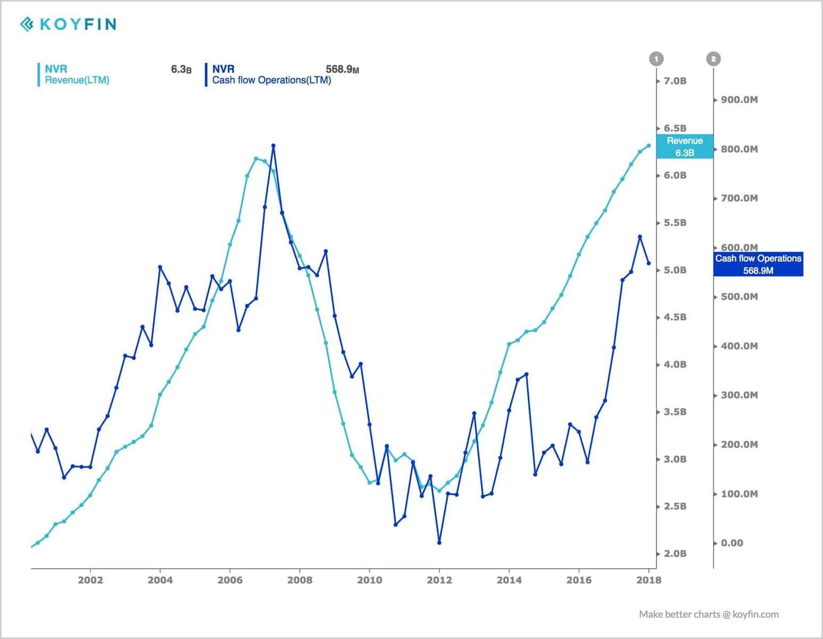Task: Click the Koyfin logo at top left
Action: point(68,24)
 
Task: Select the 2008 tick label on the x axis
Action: point(300,580)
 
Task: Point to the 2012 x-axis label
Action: point(439,580)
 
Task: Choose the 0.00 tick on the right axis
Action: point(731,543)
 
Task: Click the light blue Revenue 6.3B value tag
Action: point(685,146)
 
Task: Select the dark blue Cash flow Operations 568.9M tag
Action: point(758,264)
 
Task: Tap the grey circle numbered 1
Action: point(656,59)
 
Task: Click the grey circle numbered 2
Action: point(713,59)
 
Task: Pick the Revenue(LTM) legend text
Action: point(77,80)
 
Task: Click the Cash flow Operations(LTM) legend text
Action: point(271,80)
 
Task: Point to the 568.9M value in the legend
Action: point(342,69)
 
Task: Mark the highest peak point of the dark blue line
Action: point(273,145)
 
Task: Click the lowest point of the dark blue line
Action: point(439,543)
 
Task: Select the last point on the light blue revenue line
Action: point(649,145)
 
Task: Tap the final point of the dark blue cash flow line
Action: point(649,263)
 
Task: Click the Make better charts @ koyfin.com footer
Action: point(709,615)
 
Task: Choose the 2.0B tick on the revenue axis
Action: point(675,554)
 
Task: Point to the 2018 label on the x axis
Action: point(649,580)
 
